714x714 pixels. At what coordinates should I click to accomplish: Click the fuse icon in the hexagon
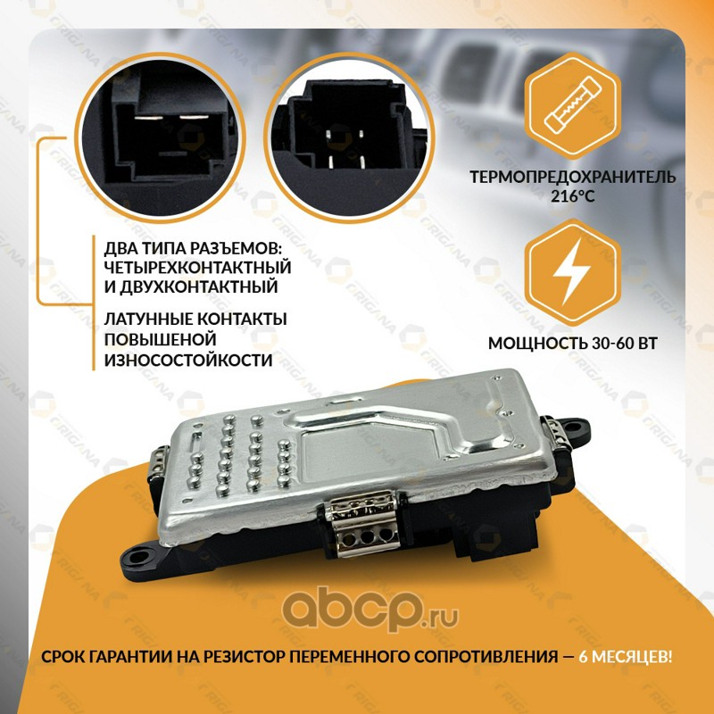(x=572, y=104)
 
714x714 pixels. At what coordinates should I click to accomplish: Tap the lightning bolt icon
(x=572, y=272)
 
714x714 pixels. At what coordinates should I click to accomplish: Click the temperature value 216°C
(x=572, y=196)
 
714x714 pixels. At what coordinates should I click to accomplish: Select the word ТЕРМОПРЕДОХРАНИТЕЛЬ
(x=572, y=177)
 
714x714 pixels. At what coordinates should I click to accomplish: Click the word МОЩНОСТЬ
(x=538, y=344)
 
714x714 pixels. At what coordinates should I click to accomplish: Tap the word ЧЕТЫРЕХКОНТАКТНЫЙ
(x=197, y=267)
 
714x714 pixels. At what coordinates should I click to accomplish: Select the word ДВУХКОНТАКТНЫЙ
(x=198, y=287)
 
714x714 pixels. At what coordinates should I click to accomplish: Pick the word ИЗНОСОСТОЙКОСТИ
(x=188, y=360)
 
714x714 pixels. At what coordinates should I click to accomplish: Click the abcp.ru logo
(x=369, y=610)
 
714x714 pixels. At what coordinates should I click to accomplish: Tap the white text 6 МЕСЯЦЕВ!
(x=625, y=657)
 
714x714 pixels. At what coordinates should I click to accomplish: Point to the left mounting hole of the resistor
(x=144, y=556)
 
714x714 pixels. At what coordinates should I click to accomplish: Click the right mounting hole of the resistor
(x=578, y=428)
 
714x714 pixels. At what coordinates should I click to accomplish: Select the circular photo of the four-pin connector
(x=349, y=137)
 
